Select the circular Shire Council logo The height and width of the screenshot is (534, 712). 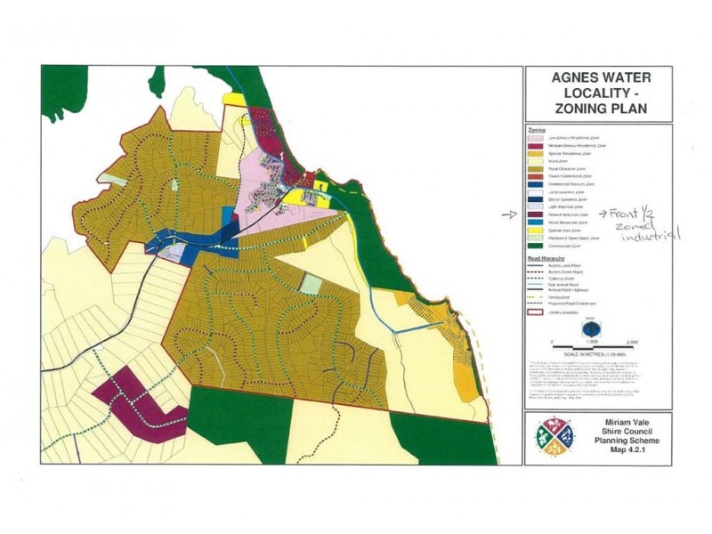(552, 437)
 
